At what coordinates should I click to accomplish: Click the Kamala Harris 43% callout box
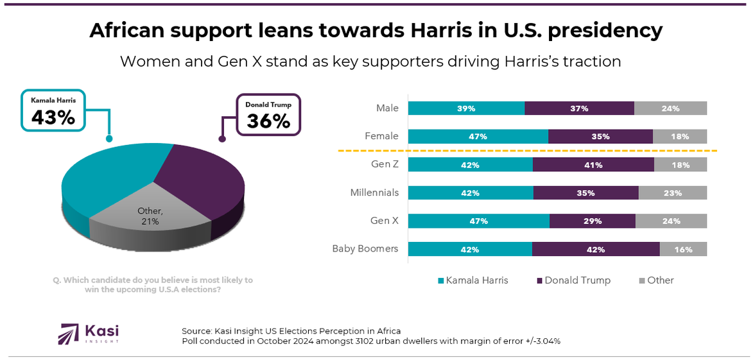[x=54, y=110]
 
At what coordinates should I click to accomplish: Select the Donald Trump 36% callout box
[x=268, y=114]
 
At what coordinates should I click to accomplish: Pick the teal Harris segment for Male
[x=466, y=108]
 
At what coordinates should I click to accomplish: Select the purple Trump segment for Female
[x=600, y=136]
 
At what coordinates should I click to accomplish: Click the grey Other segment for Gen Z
[x=680, y=165]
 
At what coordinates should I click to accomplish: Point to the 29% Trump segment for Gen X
[x=592, y=221]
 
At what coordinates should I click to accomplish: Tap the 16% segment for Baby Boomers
[x=682, y=250]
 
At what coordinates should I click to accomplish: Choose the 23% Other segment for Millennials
[x=672, y=193]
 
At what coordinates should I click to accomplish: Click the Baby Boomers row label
[x=365, y=249]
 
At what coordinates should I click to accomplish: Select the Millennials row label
[x=374, y=193]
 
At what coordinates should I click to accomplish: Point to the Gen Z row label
[x=385, y=165]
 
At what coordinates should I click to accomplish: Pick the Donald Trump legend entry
[x=573, y=280]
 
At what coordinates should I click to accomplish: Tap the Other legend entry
[x=656, y=280]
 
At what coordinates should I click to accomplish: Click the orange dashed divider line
[x=526, y=151]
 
